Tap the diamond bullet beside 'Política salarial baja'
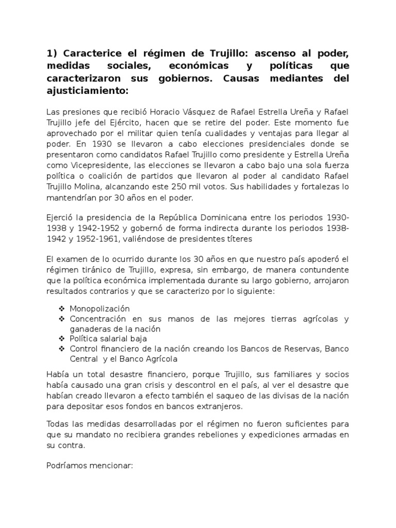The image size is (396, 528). point(62,339)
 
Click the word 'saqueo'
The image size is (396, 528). point(244,395)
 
